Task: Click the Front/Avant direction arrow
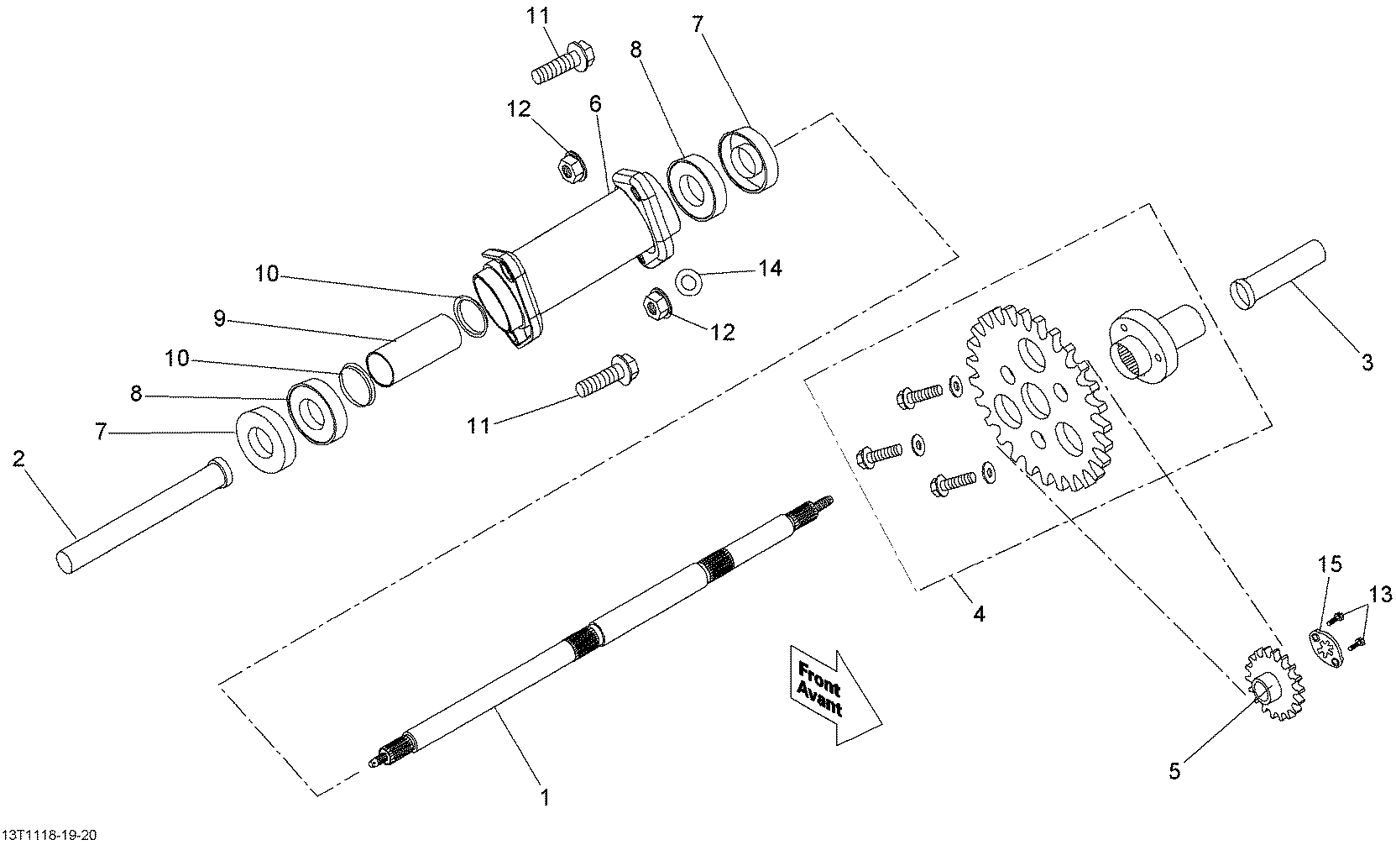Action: (833, 696)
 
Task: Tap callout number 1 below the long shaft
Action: (546, 798)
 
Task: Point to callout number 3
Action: (1367, 362)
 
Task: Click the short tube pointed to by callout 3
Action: (1278, 275)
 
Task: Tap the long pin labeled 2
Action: (144, 515)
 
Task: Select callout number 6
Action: (596, 104)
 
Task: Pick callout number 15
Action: (1329, 565)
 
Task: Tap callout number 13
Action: (1380, 595)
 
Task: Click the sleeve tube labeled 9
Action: (414, 351)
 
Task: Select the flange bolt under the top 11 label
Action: (563, 62)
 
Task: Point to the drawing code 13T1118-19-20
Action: (50, 834)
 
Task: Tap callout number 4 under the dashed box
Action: (979, 614)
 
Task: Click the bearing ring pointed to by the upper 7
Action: (750, 160)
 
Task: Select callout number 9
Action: (219, 318)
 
